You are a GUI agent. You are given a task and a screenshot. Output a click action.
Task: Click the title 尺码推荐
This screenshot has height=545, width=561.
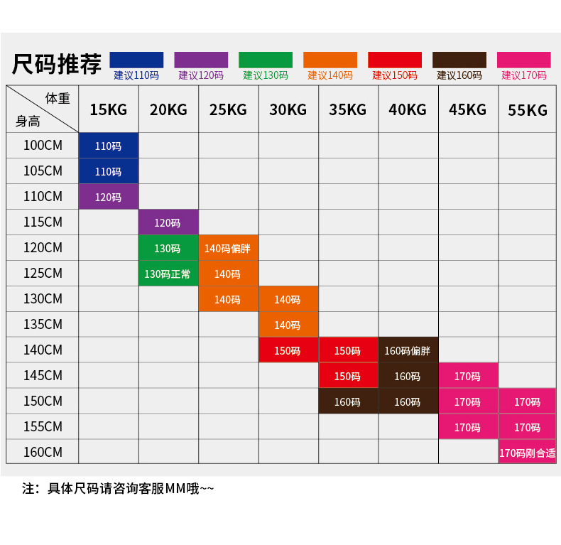[57, 64]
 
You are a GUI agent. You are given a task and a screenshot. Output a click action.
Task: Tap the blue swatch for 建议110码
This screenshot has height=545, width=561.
[136, 60]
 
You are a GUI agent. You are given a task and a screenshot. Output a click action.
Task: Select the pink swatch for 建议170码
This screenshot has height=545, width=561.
[524, 60]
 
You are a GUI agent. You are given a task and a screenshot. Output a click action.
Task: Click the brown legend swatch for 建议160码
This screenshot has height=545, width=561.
[459, 60]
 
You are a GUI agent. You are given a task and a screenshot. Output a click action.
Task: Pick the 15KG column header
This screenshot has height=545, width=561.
[108, 109]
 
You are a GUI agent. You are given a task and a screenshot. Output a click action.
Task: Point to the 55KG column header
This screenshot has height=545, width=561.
[528, 110]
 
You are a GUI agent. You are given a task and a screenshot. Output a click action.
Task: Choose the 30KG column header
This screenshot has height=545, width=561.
[288, 109]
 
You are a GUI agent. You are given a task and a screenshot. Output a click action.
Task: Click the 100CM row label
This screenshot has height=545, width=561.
[43, 146]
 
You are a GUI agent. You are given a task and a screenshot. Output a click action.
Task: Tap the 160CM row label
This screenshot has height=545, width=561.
[43, 452]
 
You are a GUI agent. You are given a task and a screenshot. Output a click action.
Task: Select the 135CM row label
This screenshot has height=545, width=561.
[43, 324]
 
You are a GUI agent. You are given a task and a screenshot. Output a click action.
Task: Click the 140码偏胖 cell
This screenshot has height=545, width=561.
[228, 249]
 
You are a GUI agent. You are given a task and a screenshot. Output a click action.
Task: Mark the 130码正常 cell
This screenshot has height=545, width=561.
[168, 274]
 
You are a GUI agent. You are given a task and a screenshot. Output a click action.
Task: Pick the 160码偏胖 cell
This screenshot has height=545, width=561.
[408, 351]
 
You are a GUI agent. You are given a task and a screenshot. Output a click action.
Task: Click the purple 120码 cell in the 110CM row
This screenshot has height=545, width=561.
[108, 198]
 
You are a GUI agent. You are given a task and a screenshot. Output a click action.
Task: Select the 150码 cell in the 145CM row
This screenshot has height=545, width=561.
[347, 377]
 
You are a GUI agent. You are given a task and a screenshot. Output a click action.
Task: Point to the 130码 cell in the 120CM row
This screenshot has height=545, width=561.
[168, 249]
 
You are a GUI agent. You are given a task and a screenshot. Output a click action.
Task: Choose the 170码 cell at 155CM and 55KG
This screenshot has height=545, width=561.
[528, 428]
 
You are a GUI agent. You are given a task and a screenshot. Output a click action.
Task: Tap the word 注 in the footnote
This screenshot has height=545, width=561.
[29, 489]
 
